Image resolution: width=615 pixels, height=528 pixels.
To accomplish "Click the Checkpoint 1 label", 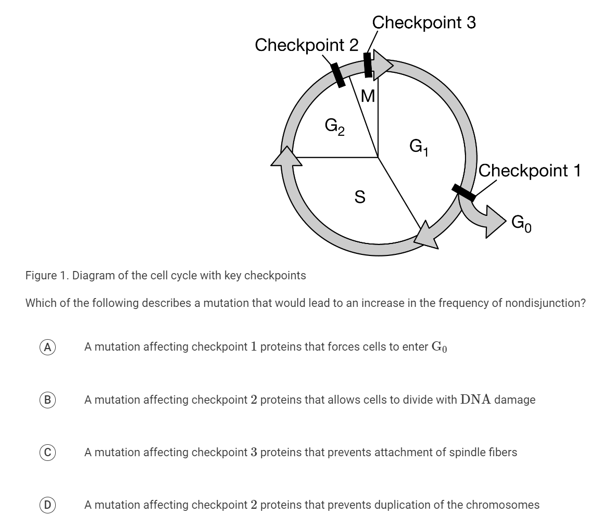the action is click(529, 171).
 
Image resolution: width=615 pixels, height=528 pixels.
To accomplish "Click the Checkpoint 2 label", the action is click(307, 45).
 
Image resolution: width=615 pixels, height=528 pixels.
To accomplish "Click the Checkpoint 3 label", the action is click(424, 22).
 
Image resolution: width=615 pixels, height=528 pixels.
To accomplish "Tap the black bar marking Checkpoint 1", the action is click(463, 192).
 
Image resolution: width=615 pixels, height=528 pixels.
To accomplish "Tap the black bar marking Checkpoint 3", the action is click(368, 66).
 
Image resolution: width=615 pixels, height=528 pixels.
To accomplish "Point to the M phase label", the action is click(368, 96).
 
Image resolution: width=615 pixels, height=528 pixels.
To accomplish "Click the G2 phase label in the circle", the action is click(334, 126).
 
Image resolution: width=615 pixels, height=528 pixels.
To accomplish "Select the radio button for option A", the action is click(47, 347).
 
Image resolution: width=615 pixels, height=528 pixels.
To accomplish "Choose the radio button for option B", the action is click(47, 400).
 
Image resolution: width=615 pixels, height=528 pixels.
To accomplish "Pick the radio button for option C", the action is click(47, 453).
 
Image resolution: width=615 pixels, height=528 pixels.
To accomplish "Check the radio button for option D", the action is click(47, 505).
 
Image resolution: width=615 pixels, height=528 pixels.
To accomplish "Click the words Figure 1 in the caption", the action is click(46, 275).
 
